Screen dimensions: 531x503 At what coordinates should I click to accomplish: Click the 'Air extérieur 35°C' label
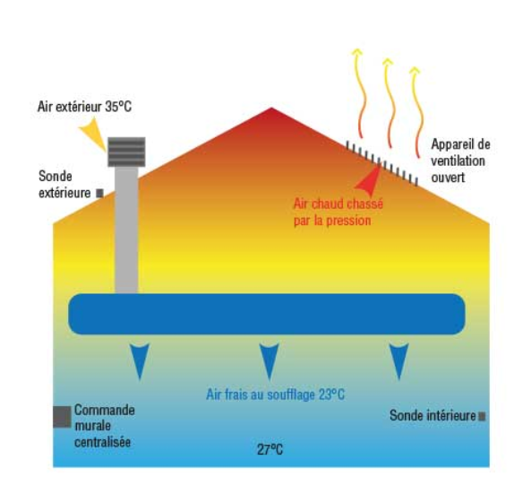tap(84, 107)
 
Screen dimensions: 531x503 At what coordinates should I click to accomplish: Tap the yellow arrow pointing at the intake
tap(93, 134)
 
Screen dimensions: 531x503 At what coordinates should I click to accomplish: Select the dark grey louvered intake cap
tap(126, 152)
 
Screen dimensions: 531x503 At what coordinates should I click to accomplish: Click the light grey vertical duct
tap(126, 230)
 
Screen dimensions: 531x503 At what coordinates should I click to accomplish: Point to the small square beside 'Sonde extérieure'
tap(99, 193)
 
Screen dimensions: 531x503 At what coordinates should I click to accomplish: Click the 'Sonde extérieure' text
tap(64, 185)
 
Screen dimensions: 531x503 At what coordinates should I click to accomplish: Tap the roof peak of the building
tap(271, 108)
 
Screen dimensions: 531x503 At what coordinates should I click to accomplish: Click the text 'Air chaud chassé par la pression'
tap(338, 212)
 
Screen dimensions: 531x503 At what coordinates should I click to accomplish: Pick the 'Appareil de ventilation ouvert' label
tap(460, 160)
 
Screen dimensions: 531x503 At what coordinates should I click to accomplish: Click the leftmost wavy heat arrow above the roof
tap(360, 93)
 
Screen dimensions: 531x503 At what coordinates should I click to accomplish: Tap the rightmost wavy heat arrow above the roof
tap(418, 112)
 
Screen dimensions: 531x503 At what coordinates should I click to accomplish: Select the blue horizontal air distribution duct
tap(267, 314)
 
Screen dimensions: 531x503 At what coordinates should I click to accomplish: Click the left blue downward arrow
tap(140, 361)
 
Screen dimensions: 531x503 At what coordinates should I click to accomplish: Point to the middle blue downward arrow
tap(270, 361)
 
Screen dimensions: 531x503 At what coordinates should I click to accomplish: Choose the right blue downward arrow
tap(399, 361)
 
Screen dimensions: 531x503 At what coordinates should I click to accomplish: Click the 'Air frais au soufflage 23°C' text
tap(275, 395)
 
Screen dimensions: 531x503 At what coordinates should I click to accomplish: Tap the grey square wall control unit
tap(62, 417)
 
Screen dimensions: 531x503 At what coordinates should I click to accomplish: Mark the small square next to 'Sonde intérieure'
tap(482, 416)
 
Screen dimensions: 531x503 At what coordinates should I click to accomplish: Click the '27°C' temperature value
tap(270, 450)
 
